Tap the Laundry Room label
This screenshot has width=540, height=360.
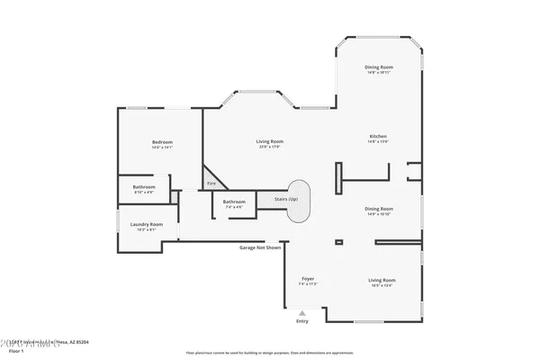click(x=146, y=226)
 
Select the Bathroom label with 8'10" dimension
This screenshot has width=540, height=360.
click(x=144, y=189)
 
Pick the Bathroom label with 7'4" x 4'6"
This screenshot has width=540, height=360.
click(x=234, y=203)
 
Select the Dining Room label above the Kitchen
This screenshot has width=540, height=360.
click(x=377, y=69)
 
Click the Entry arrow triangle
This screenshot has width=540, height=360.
click(x=301, y=312)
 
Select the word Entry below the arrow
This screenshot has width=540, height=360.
click(x=301, y=320)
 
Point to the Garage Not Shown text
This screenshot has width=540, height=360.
click(x=260, y=247)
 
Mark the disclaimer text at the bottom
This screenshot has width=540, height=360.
click(x=269, y=353)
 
